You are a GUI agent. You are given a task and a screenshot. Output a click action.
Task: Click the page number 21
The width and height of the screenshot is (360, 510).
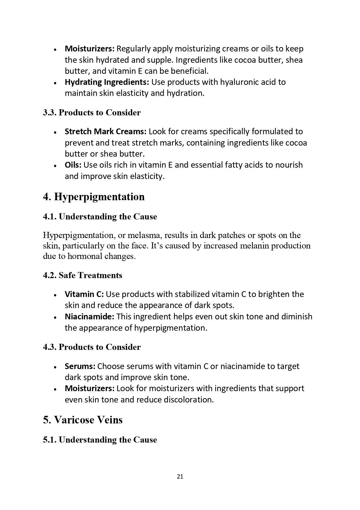coord(180,477)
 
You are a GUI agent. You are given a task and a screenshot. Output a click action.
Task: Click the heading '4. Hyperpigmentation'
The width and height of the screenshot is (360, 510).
coord(94,197)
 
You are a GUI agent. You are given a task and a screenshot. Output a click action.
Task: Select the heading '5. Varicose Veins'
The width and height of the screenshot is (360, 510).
coord(83,420)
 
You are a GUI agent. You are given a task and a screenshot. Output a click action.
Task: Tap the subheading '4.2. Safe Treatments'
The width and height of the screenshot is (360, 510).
coord(82,275)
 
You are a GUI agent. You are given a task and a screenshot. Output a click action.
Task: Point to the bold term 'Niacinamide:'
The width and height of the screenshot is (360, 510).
coord(89,316)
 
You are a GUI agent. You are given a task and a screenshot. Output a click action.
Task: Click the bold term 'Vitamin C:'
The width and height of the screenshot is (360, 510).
coord(84,294)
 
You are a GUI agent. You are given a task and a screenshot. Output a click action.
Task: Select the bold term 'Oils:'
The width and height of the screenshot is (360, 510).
coord(73,165)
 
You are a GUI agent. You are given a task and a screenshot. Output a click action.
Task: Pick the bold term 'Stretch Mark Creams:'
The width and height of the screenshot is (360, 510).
coord(106,132)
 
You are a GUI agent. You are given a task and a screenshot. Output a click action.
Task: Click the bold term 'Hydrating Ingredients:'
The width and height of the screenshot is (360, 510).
coord(107,82)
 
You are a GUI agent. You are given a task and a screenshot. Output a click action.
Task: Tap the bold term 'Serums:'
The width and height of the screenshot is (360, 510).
coord(80,366)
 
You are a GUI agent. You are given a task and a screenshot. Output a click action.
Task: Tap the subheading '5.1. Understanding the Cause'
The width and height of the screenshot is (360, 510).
coord(100,440)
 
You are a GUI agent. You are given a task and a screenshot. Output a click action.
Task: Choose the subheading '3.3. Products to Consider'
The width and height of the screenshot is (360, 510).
coord(92,112)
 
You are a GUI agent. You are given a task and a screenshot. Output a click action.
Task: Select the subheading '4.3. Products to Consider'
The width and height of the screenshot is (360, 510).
coord(92,347)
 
